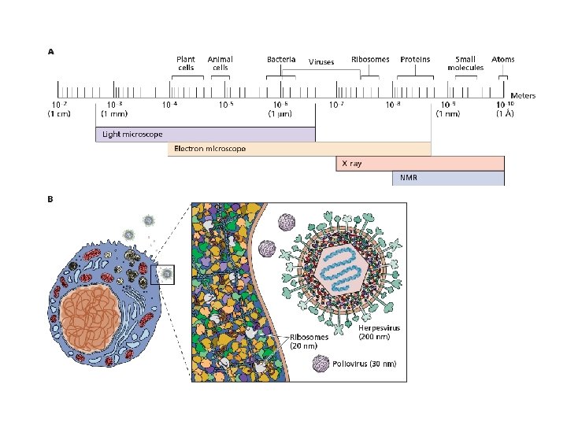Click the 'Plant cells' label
coord(186,63)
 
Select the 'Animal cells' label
coord(220,63)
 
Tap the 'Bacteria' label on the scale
coord(281,59)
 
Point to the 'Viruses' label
coord(321,62)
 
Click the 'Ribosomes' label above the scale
coord(370,59)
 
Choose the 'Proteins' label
coord(415,59)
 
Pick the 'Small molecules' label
coord(465,63)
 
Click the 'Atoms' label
coord(503,59)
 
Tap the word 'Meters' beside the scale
coord(523,96)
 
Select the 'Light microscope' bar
coord(205,135)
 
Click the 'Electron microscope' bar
coord(299,149)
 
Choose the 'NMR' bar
coord(448,178)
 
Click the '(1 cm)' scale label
coord(59,114)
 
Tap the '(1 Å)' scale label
coord(505,114)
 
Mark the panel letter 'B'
coord(50,199)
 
